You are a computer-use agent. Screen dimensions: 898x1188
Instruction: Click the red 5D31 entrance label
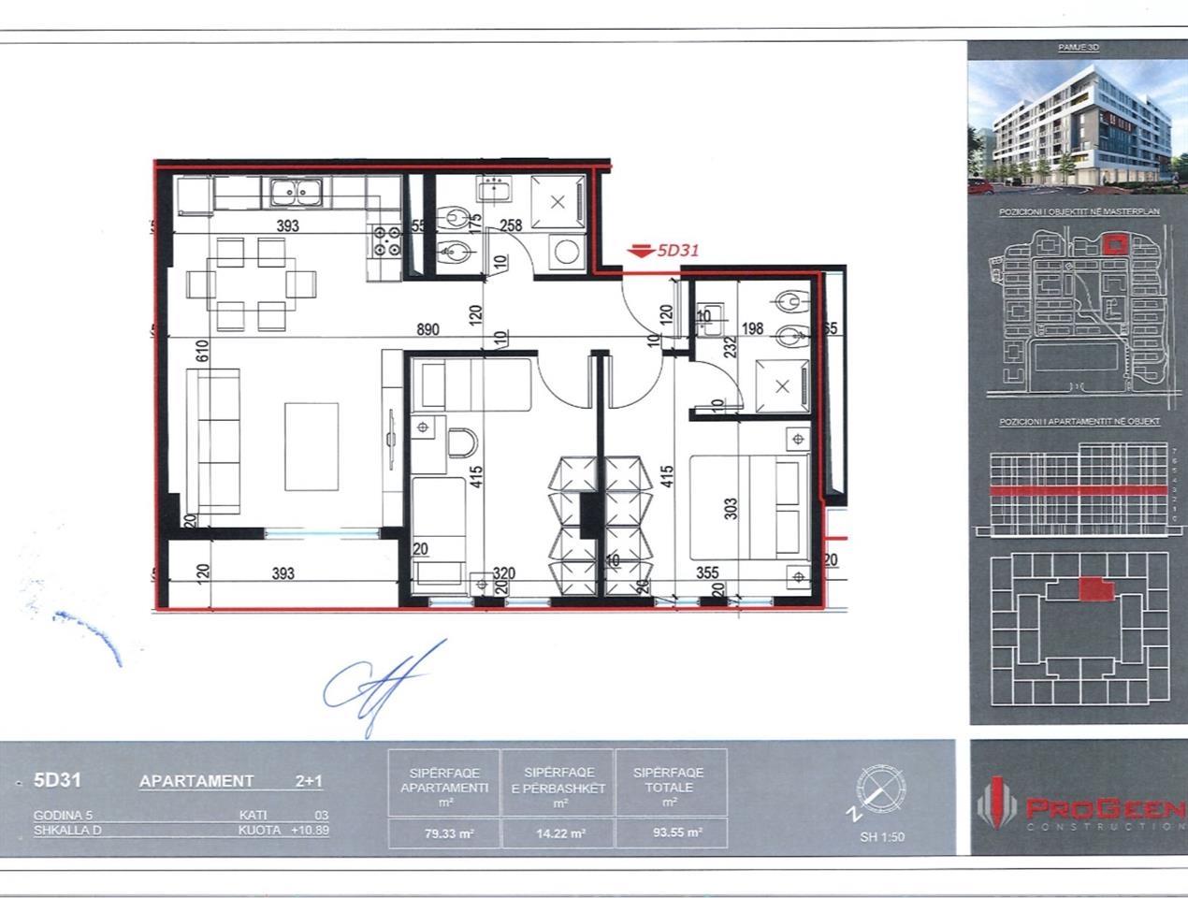point(676,251)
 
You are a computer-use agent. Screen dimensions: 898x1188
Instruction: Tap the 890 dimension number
point(428,329)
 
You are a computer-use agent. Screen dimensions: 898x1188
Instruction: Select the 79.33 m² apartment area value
point(445,833)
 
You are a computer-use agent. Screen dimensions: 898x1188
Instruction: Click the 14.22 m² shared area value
point(558,833)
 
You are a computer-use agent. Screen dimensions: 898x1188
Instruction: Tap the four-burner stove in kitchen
point(387,241)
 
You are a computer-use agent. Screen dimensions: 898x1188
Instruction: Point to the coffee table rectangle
point(311,446)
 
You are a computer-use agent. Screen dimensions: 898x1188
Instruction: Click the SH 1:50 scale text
point(882,837)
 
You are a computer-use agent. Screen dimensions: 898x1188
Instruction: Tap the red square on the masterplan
point(1113,245)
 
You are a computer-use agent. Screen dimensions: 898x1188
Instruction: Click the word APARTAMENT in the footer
point(196,781)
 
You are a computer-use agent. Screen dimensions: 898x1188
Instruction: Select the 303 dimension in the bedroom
point(731,508)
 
